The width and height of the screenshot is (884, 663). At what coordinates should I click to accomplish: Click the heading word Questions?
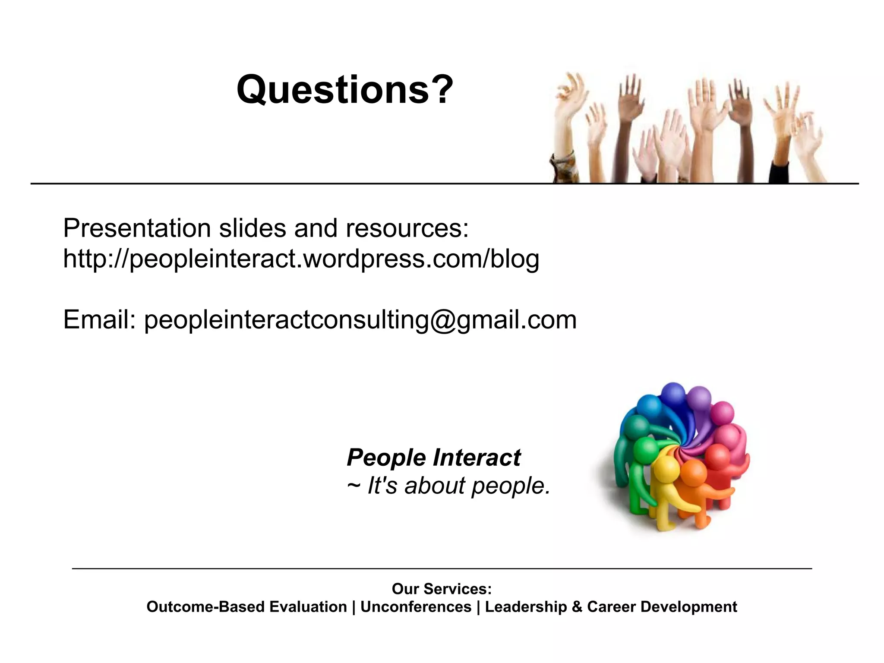(x=344, y=89)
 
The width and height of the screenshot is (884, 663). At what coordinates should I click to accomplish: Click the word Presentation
(x=136, y=228)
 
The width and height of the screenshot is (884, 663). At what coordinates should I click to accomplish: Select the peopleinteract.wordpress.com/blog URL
(x=301, y=259)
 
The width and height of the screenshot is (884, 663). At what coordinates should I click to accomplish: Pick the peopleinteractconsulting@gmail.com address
(x=360, y=320)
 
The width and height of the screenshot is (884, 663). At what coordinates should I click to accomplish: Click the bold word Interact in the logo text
(x=477, y=458)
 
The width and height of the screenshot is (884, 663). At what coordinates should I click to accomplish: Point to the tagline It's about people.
(x=459, y=486)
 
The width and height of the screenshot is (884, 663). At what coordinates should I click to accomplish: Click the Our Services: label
(x=442, y=589)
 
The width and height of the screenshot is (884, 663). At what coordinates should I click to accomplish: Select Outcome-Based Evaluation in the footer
(x=246, y=607)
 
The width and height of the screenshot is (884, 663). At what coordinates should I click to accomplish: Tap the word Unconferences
(x=416, y=607)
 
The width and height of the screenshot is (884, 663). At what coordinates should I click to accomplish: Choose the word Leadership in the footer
(x=526, y=607)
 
